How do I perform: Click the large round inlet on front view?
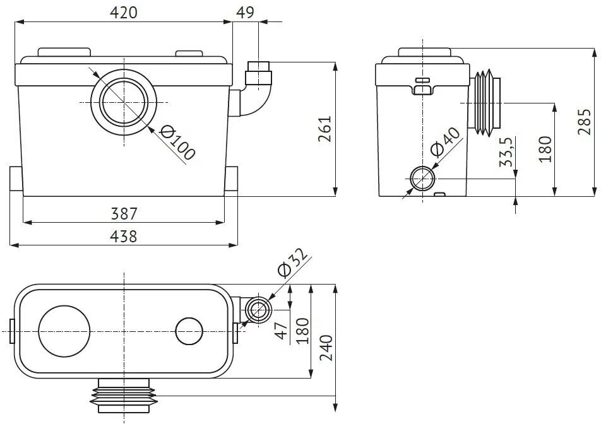(x=124, y=102)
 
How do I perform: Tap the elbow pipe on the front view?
(x=256, y=95)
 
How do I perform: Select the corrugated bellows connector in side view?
(x=485, y=102)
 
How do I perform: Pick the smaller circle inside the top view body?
(x=188, y=331)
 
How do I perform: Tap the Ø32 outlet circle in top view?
(x=258, y=310)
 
